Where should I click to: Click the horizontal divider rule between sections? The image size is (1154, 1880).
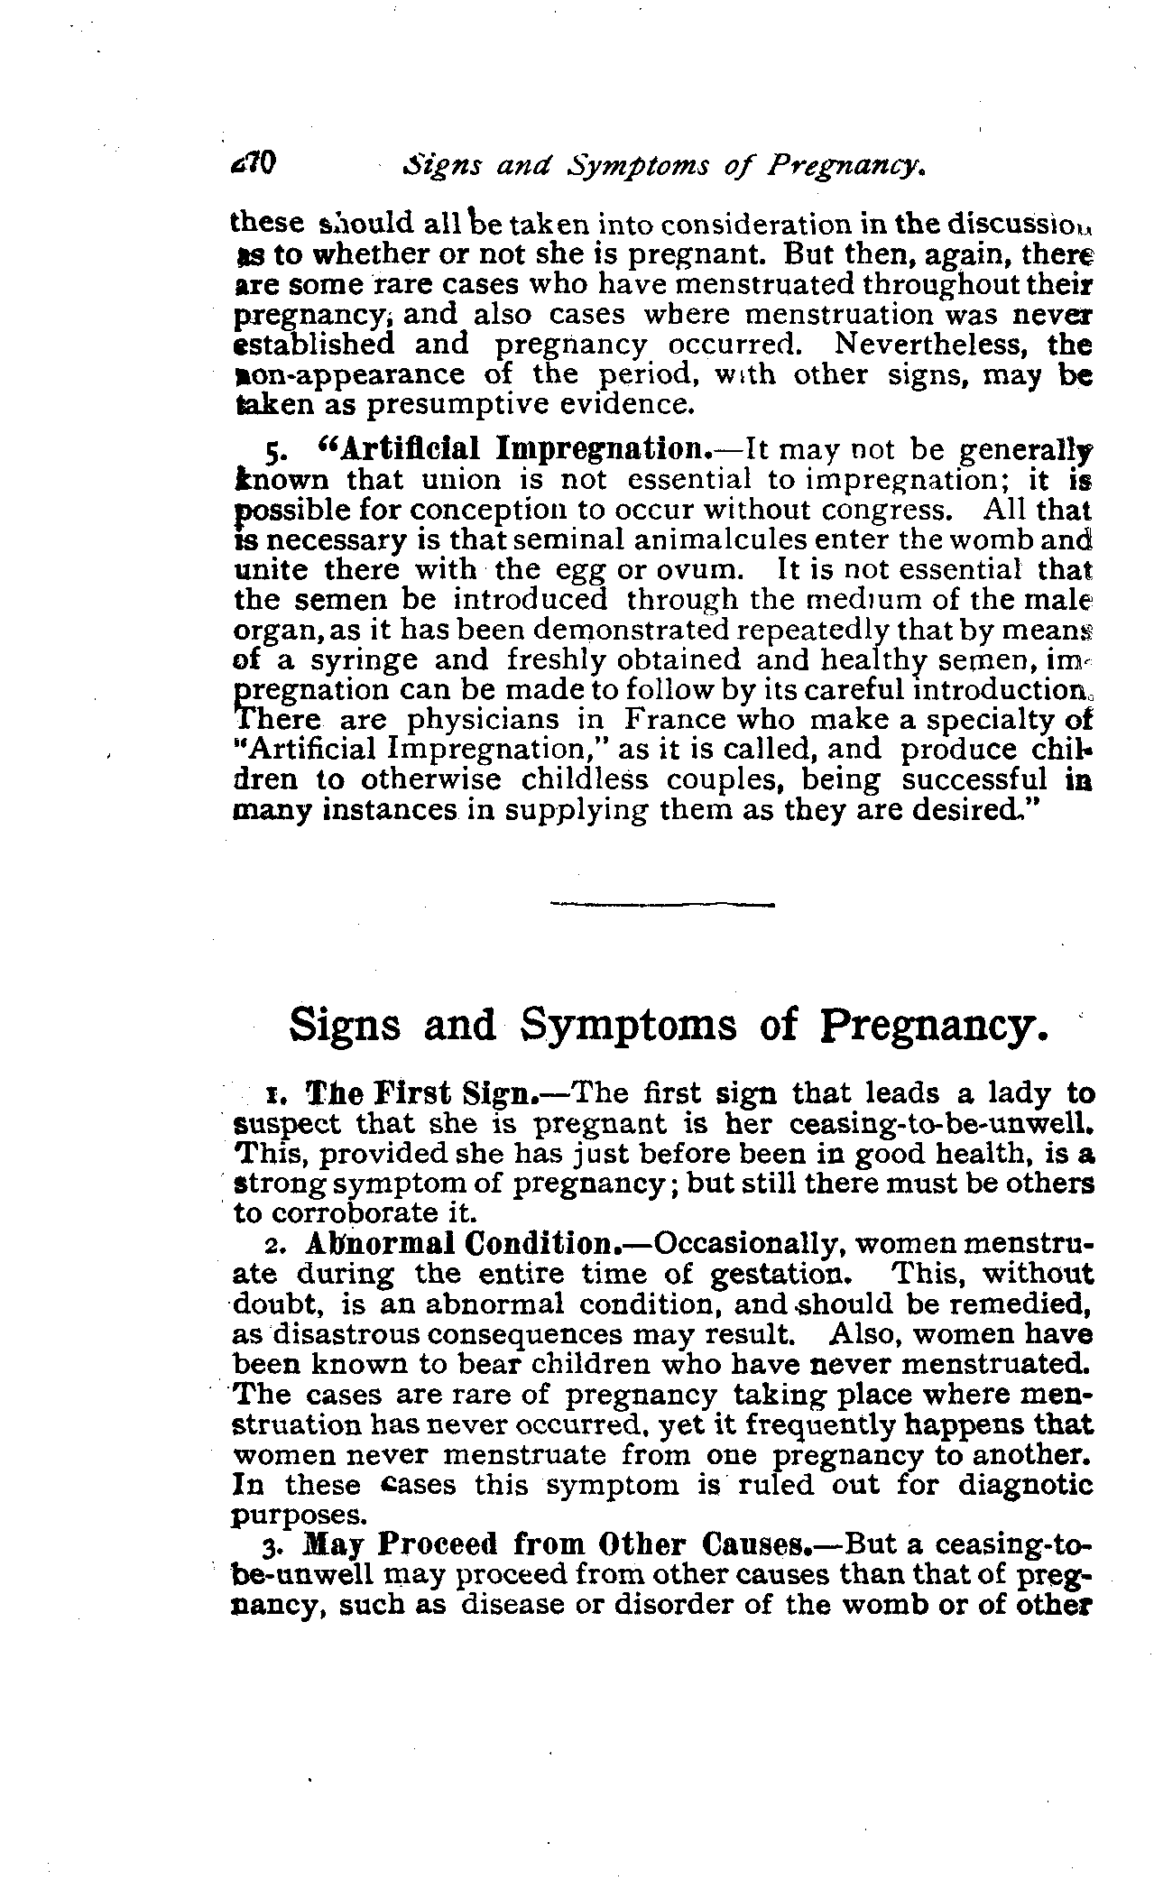pyautogui.click(x=661, y=904)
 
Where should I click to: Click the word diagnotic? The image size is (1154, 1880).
pyautogui.click(x=1018, y=1484)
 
